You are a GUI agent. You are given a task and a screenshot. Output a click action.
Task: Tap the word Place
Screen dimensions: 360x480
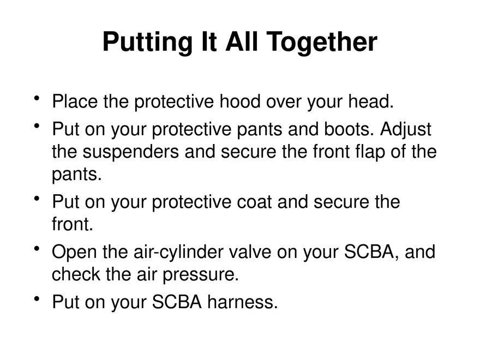click(75, 101)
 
